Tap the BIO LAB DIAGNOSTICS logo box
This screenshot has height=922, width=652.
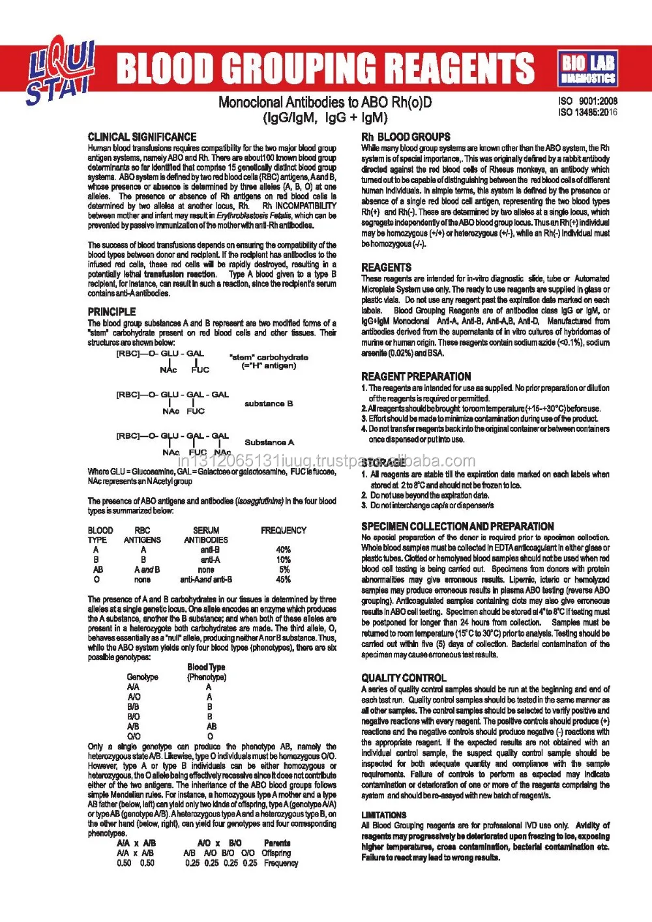[x=588, y=69]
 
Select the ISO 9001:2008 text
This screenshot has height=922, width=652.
[x=587, y=101]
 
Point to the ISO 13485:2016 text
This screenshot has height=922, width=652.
[x=587, y=112]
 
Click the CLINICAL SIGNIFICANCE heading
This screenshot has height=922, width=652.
[x=142, y=137]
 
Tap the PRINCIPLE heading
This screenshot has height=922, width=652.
[x=112, y=312]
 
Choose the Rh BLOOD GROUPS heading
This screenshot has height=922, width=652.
[x=406, y=137]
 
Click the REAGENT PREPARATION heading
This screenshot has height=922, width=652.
[x=416, y=377]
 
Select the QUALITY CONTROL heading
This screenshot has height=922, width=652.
[x=404, y=678]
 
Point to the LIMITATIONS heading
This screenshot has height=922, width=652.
[x=384, y=815]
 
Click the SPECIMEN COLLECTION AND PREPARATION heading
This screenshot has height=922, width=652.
[x=458, y=526]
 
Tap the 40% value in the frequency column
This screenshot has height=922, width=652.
[x=283, y=550]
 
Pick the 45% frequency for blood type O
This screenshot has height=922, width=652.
[x=283, y=579]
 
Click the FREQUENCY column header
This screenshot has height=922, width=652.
[x=283, y=530]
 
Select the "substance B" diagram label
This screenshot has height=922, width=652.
[x=269, y=403]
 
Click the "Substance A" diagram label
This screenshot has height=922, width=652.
[x=269, y=442]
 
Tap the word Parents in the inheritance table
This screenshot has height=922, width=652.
[x=277, y=843]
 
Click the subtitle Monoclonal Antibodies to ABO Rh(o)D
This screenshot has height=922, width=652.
[x=325, y=102]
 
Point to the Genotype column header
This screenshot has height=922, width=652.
[x=142, y=677]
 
